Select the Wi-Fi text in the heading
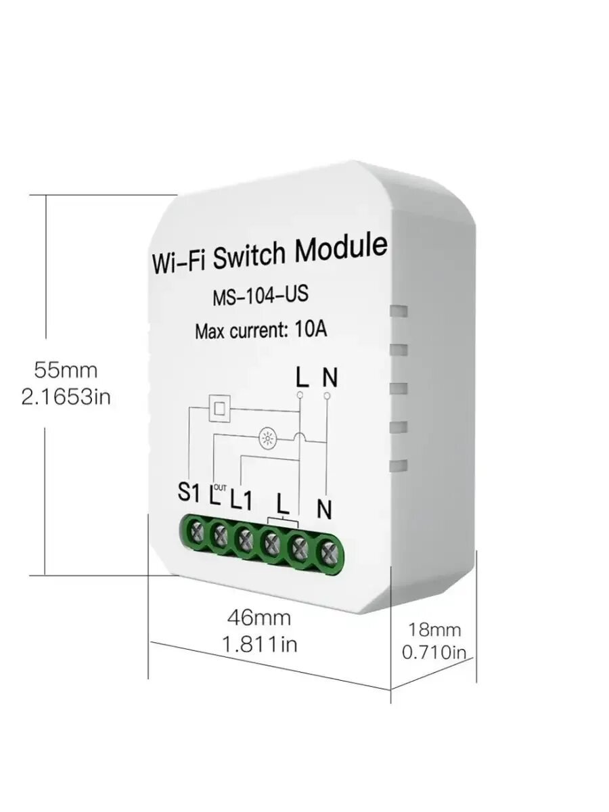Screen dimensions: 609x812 coord(178,262)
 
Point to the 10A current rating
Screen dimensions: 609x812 coord(311,330)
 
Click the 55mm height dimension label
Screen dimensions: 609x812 coord(66,370)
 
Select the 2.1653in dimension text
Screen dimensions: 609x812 coord(66,397)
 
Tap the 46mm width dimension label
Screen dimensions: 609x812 coord(259,617)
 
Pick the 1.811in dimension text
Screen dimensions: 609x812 coord(259,644)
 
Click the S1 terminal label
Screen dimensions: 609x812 coord(190,493)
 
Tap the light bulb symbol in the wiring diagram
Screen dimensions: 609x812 coord(267,438)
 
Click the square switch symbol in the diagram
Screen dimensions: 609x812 coord(219,408)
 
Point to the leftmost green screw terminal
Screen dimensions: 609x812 coord(198,533)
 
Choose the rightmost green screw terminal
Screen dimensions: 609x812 coord(328,551)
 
